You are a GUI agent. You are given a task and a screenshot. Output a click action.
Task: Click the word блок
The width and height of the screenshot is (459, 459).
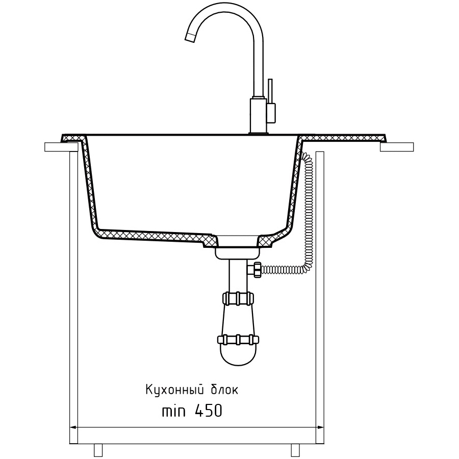click(x=224, y=390)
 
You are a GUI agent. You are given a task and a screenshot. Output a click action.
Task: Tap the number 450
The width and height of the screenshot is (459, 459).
click(x=208, y=411)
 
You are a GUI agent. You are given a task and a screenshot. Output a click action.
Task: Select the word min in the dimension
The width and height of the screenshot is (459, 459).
click(x=173, y=411)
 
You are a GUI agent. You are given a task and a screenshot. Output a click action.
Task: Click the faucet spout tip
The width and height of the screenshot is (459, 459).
click(x=189, y=37)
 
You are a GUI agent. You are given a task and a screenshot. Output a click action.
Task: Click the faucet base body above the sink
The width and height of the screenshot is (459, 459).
click(x=258, y=116)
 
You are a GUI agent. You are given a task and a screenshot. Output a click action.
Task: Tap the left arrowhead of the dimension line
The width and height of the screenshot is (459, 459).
click(x=73, y=428)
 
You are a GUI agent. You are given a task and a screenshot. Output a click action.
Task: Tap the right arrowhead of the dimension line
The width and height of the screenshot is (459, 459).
click(x=320, y=428)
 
